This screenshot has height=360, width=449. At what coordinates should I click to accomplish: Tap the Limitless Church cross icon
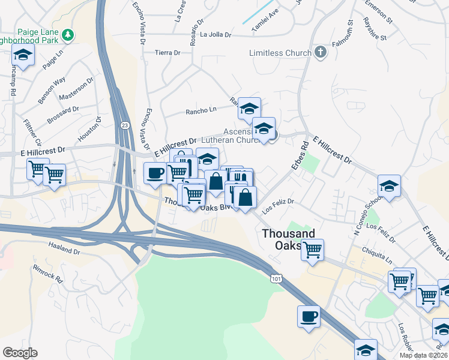pos(321,52)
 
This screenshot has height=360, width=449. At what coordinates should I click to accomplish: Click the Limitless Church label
pos(280,53)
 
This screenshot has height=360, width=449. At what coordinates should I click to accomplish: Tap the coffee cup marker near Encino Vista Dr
pos(156,173)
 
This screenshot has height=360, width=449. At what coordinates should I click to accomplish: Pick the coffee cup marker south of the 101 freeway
pos(309,316)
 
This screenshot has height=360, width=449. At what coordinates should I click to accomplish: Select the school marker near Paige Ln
pos(23,55)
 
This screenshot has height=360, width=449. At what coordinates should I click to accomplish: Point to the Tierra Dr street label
pos(167,53)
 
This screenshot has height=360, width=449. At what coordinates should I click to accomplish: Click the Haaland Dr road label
pos(64,250)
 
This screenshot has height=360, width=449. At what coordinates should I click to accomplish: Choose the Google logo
pos(20,353)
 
